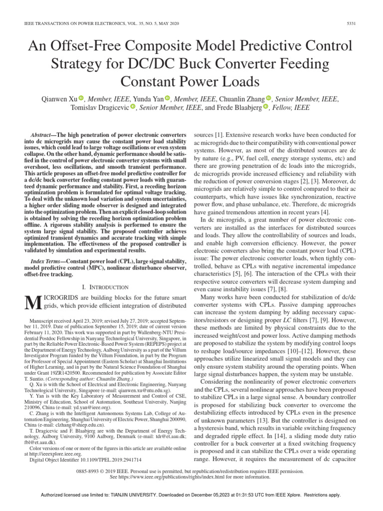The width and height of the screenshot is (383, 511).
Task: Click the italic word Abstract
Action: click(x=44, y=135)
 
